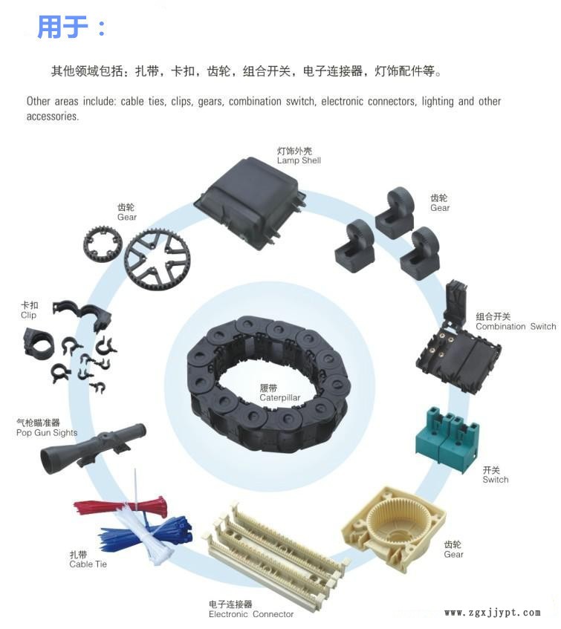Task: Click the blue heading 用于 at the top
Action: [62, 27]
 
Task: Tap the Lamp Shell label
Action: [299, 156]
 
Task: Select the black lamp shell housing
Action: [250, 203]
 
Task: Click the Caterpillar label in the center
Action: [279, 393]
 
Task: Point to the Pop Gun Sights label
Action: [47, 428]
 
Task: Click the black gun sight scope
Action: [93, 448]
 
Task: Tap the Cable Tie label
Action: [88, 560]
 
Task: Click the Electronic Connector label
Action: [251, 610]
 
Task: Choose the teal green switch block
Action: [447, 438]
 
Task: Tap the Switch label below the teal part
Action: [495, 475]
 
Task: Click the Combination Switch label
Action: [516, 322]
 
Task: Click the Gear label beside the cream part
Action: [453, 550]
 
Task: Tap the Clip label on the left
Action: [29, 310]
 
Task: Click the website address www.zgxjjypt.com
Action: [493, 613]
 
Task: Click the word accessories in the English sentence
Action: [53, 117]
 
